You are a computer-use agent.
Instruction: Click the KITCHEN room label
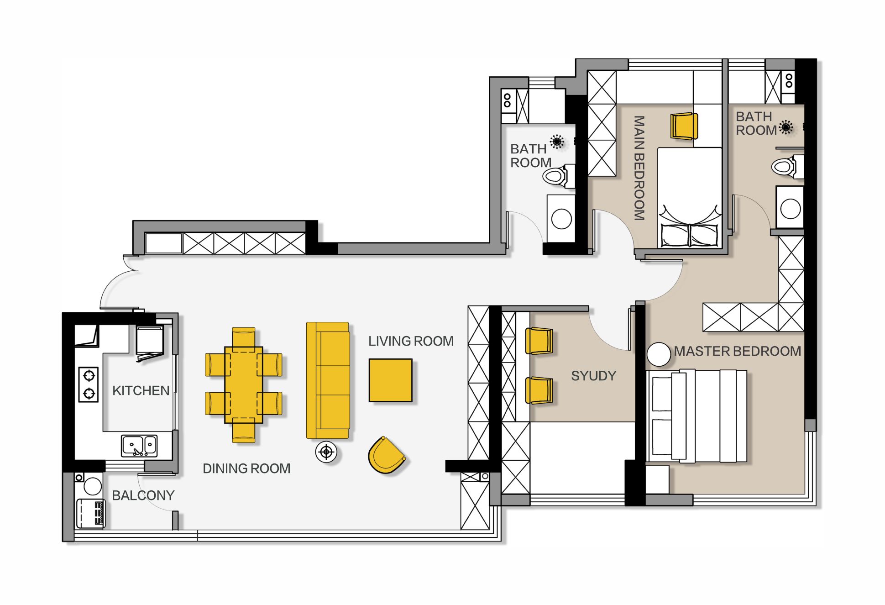pos(141,390)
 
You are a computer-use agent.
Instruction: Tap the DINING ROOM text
pos(246,468)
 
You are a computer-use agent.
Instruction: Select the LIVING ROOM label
pos(411,341)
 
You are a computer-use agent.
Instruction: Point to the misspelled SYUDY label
pos(593,376)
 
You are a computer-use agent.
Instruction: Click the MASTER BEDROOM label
pos(738,351)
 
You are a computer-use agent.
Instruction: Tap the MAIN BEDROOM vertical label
pos(639,168)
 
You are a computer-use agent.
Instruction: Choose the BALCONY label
pos(143,495)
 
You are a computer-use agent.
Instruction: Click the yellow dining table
pos(244,385)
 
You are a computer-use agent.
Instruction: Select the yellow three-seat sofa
pos(328,380)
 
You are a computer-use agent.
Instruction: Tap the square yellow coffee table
pos(390,380)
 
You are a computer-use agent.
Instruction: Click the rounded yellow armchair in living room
pos(386,455)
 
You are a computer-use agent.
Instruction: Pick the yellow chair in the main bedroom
pos(684,126)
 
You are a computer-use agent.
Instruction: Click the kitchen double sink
pos(139,446)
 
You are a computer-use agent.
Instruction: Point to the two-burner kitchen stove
pos(89,384)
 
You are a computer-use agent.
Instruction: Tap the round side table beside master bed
pos(659,354)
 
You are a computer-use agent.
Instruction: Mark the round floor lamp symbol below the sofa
pos(326,452)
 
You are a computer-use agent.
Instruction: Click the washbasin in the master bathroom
pos(790,208)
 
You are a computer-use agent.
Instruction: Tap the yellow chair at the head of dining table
pos(244,337)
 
